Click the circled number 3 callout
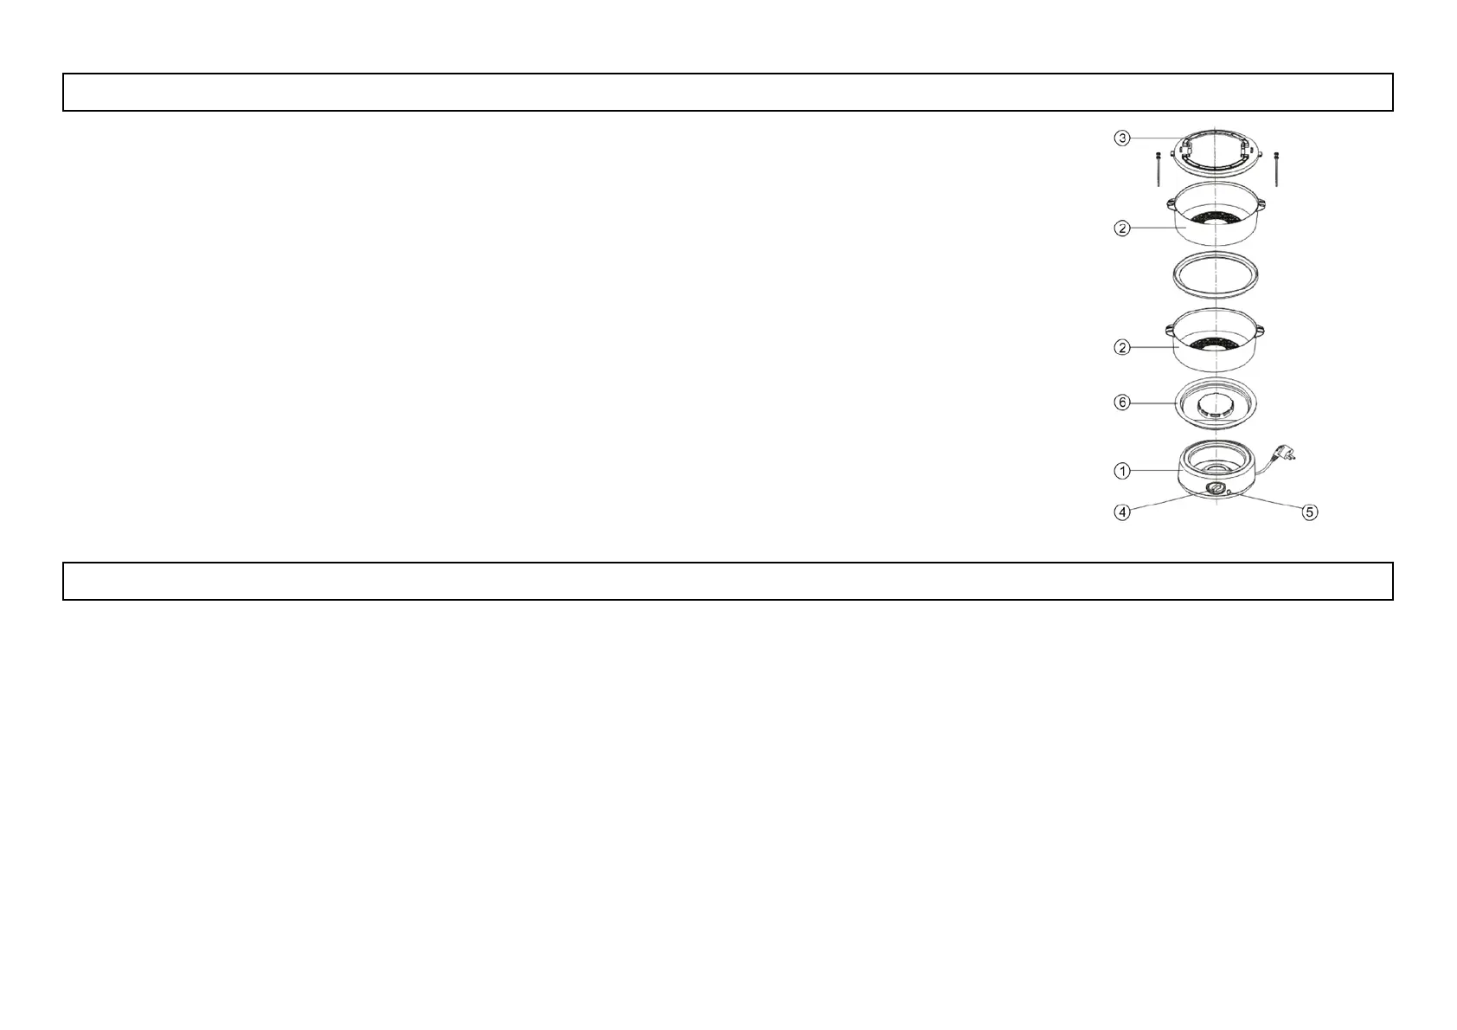(1121, 138)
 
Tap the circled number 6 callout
(1121, 402)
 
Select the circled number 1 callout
(1121, 471)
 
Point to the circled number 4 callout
(1121, 512)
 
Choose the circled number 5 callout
(1310, 512)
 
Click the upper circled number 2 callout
(1121, 229)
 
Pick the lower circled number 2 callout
(1121, 347)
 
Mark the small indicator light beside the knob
(1229, 492)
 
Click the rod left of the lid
(1158, 168)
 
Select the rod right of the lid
(1276, 168)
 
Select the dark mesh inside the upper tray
(1216, 217)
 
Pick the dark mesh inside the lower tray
(1216, 343)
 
